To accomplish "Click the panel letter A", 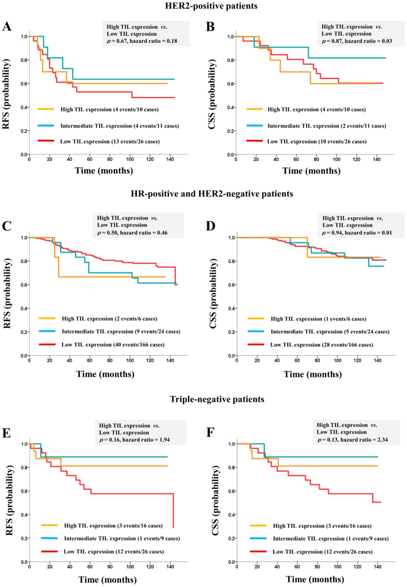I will [7, 26].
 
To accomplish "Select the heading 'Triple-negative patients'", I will [217, 399].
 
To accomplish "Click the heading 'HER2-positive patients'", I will [211, 6].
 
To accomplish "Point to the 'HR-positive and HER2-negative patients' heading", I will [212, 194].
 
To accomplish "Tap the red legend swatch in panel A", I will [46, 140].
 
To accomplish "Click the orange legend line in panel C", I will [47, 318].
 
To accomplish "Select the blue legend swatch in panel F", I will [258, 538].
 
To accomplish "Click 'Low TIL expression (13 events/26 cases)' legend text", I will [110, 141].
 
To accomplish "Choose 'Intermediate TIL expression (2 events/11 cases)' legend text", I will [327, 126].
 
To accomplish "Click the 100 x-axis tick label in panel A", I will [130, 159].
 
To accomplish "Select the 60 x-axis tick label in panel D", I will [297, 361].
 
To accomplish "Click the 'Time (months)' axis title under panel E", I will [107, 579].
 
